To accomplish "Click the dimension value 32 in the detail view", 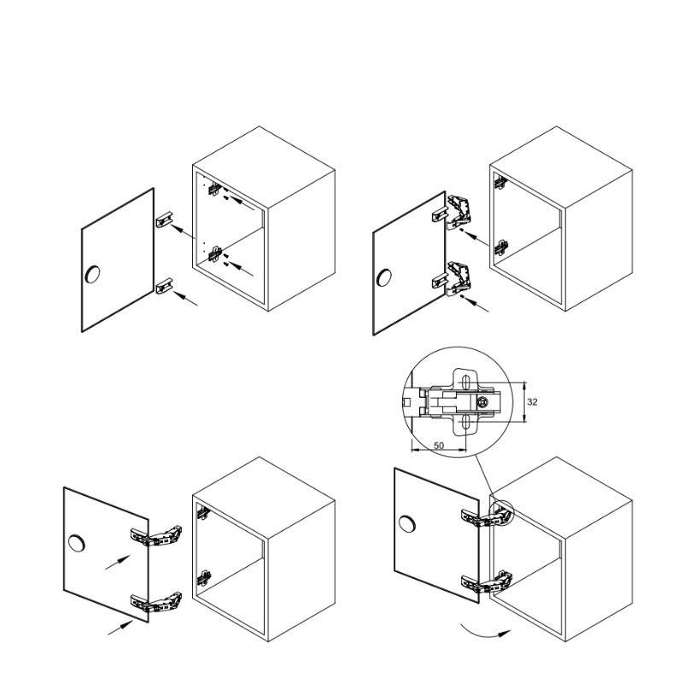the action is (532, 402).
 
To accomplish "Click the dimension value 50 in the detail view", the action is (439, 446).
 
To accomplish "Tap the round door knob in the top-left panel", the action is (93, 273).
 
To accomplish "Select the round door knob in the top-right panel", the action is (383, 277).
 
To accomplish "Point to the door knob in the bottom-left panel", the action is (77, 543).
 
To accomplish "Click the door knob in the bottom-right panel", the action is (407, 524).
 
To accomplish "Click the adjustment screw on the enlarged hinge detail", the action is (482, 403).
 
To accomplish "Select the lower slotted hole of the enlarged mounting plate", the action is (465, 422).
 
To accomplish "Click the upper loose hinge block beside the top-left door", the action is (165, 219).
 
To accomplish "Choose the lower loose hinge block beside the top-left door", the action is (165, 286).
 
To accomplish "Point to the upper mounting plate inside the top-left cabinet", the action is (214, 189).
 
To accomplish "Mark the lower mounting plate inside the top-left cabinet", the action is (216, 254).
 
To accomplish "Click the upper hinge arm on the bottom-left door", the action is (156, 537).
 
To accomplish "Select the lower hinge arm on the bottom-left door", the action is (156, 602).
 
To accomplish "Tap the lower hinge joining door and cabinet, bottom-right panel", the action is (487, 582).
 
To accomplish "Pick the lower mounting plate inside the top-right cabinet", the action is (501, 248).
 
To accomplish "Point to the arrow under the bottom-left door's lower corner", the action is (120, 628).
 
